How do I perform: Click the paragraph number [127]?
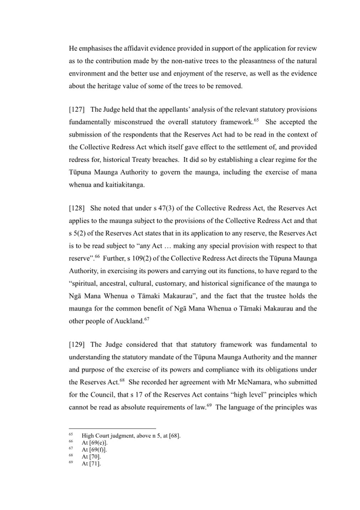coord(76,110)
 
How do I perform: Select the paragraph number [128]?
coord(76,208)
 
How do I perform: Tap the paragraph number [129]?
coord(76,345)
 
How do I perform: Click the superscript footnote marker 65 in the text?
coord(256,120)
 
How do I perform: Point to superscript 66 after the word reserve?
coord(97,256)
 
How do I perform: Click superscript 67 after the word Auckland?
coord(147,319)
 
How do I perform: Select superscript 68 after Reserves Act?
coord(122,380)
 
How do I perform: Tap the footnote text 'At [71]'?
coord(91,463)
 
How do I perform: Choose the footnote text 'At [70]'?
coord(91,457)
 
